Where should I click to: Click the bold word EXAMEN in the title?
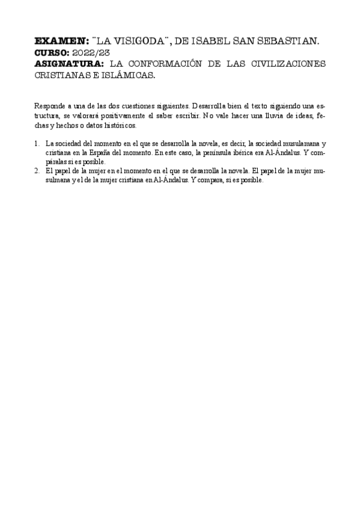[x=61, y=41]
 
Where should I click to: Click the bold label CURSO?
[x=52, y=52]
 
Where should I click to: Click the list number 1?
[x=37, y=144]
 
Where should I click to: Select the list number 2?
[x=37, y=171]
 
